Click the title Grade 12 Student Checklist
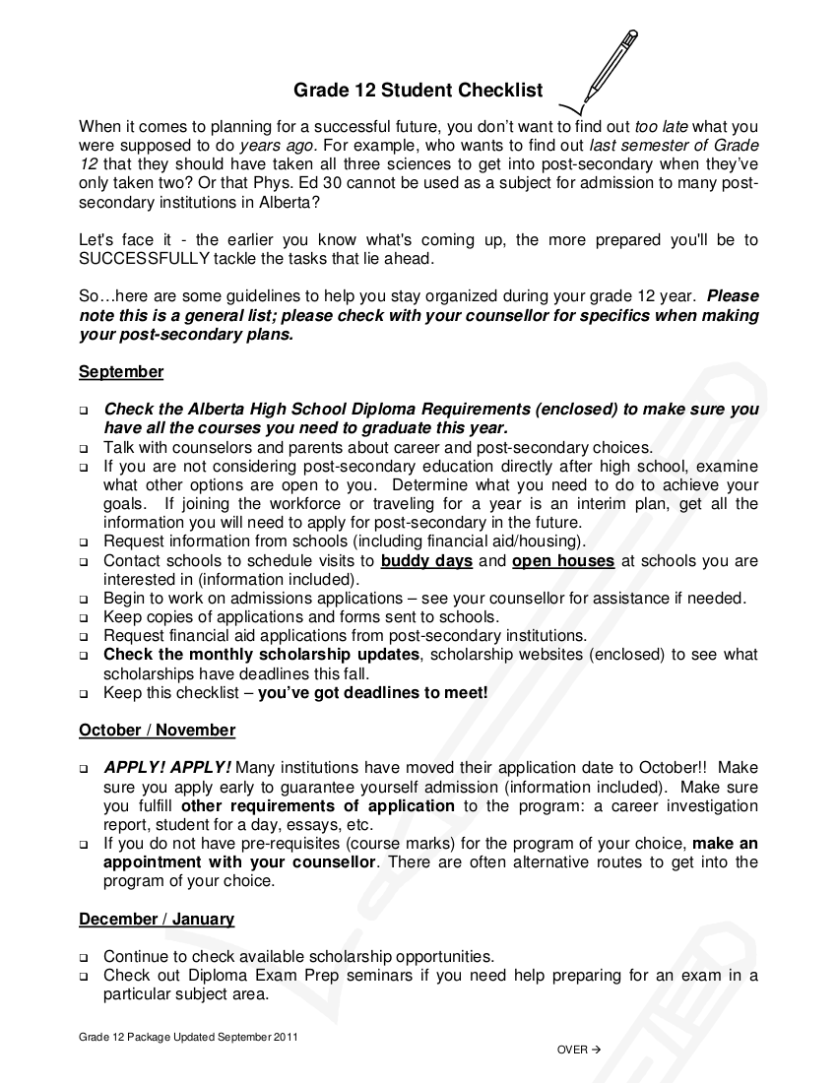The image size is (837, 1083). click(418, 91)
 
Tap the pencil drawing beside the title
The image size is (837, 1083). click(606, 68)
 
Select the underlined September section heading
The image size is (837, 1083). click(121, 372)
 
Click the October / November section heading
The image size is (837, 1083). click(157, 731)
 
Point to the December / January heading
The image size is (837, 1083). click(157, 920)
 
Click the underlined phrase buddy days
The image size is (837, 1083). click(426, 561)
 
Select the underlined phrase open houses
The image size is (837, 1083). click(563, 561)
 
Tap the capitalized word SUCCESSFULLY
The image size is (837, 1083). click(145, 258)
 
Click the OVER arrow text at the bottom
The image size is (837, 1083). click(578, 1050)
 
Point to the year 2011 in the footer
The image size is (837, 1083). click(286, 1038)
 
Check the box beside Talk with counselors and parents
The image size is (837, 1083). click(85, 448)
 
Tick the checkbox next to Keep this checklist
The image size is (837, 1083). click(85, 693)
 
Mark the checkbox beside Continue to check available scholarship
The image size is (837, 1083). click(85, 957)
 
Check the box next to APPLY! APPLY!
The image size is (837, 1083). click(85, 769)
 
